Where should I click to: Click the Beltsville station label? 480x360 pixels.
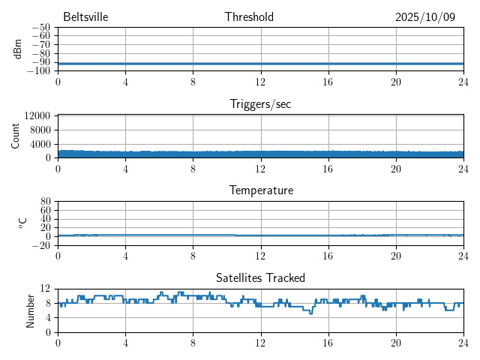point(86,16)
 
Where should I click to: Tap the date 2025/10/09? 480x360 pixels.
point(425,16)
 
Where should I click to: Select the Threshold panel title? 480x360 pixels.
point(249,16)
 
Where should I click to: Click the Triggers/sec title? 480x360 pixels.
point(260,104)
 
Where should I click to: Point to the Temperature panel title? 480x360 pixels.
point(260,190)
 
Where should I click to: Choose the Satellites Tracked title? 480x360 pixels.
point(260,277)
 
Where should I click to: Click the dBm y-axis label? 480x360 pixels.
point(17,49)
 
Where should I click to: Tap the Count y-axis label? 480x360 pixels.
point(16,136)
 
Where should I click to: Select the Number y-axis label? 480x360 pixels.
point(31,310)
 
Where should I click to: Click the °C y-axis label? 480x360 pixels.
point(22,223)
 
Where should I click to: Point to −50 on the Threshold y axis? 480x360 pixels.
point(40,27)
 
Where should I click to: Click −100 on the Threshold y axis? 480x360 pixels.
point(38,70)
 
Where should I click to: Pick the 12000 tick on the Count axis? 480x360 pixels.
point(37,116)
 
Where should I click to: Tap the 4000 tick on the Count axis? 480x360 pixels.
point(40,144)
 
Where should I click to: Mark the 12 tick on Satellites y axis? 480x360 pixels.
point(46,289)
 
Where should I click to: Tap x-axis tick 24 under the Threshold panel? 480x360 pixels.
point(463,82)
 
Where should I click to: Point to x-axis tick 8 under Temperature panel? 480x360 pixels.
point(193,256)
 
